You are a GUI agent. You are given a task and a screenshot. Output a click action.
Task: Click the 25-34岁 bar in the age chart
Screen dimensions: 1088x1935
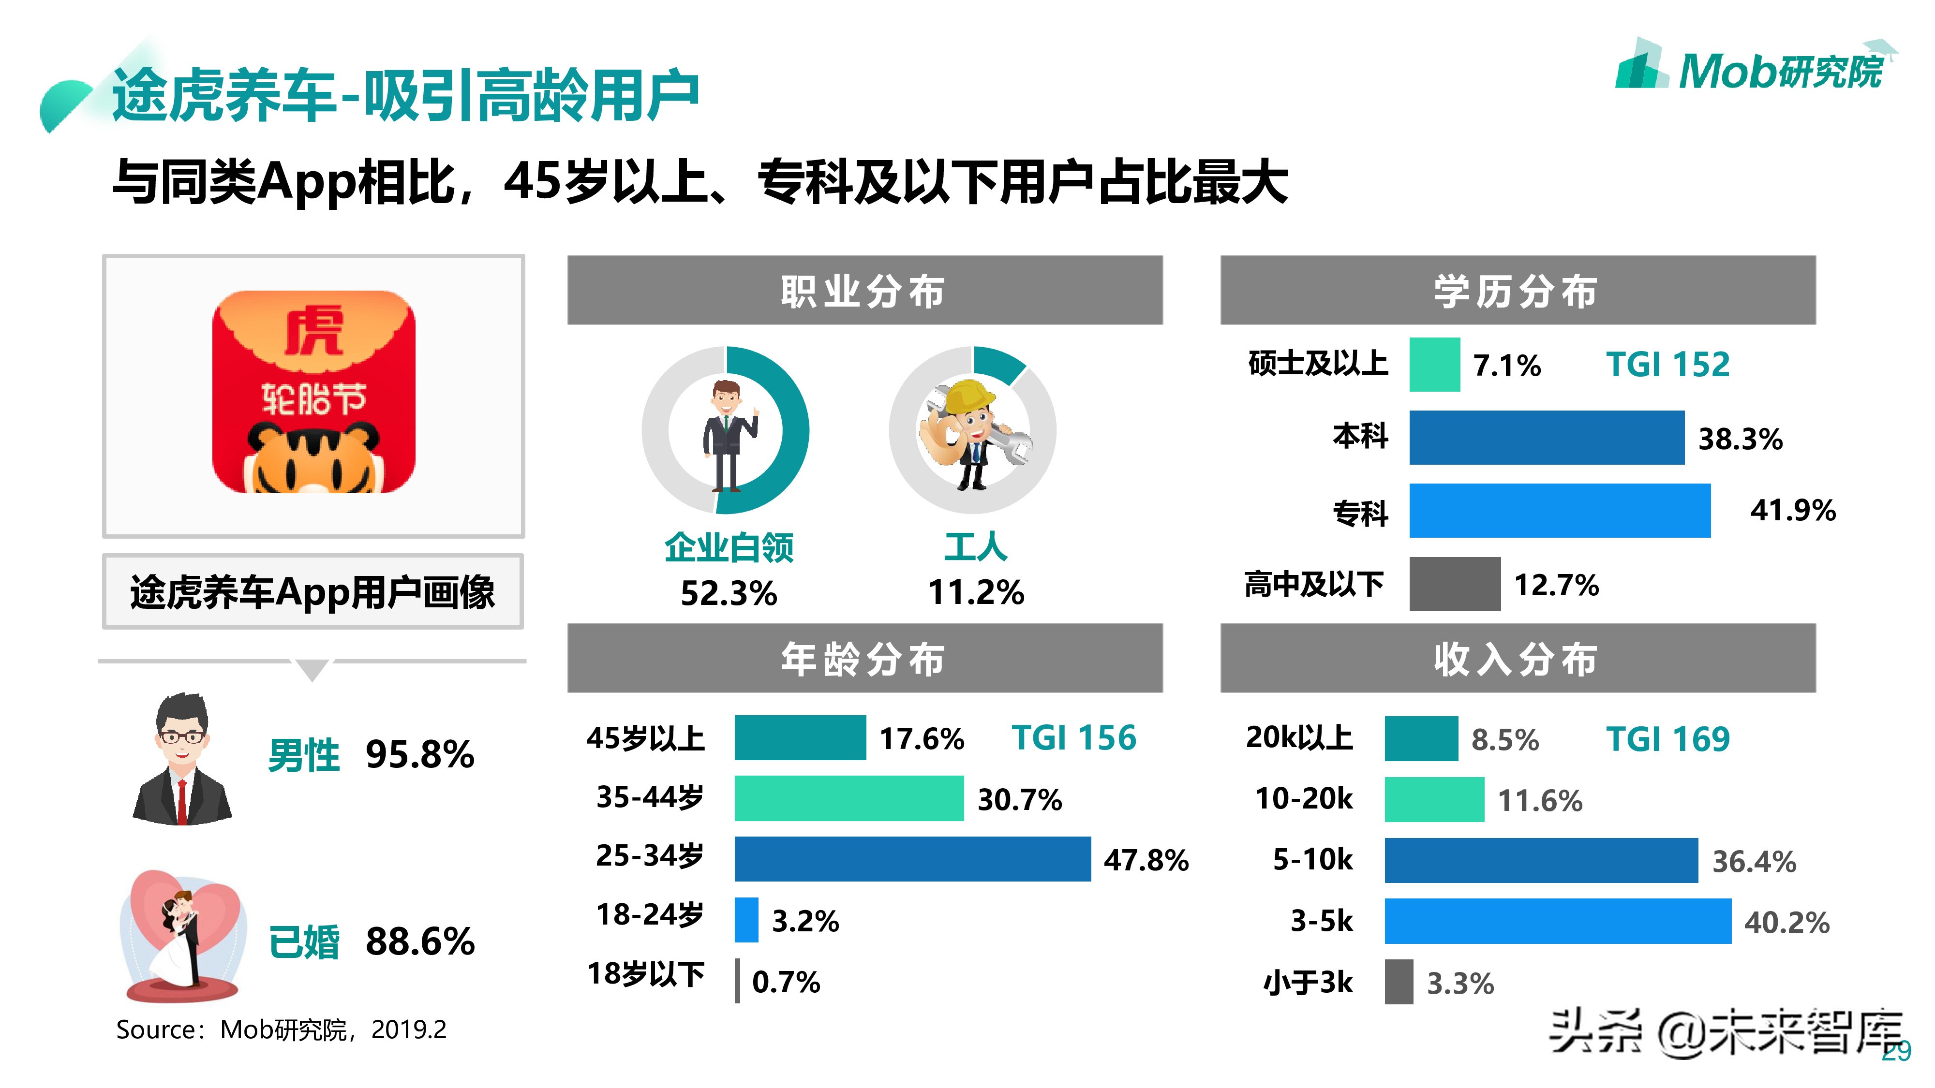click(x=912, y=858)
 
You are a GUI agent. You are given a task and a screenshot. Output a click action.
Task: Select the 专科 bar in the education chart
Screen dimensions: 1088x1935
click(x=1560, y=511)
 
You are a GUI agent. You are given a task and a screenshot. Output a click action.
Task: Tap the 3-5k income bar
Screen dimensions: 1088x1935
click(x=1557, y=921)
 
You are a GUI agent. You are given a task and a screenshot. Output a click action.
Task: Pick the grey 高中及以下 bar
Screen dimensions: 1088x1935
click(x=1454, y=584)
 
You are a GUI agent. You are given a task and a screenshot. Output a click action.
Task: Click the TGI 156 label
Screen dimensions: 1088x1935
click(x=1073, y=738)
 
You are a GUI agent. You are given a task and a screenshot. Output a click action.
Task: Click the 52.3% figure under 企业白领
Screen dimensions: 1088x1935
click(x=728, y=593)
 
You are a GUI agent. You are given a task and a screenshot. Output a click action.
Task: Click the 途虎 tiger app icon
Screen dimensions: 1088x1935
click(x=313, y=392)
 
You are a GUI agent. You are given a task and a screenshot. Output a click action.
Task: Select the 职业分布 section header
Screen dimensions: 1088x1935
click(x=864, y=291)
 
